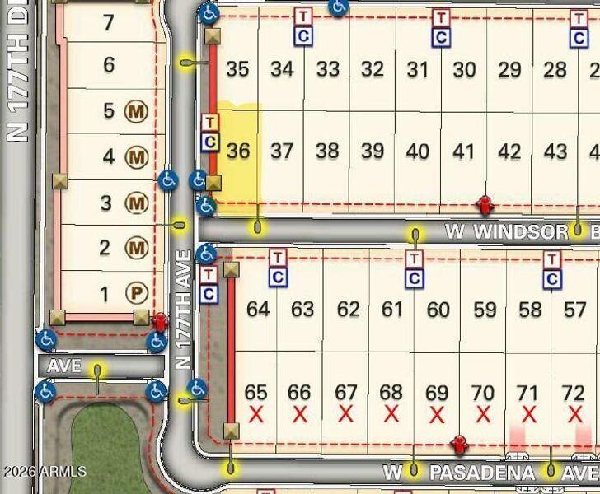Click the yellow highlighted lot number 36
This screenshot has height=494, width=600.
tap(237, 151)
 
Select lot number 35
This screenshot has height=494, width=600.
tap(237, 69)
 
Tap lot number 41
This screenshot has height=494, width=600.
tap(464, 151)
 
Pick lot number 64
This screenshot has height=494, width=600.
tap(258, 310)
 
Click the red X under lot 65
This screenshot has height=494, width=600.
tap(256, 413)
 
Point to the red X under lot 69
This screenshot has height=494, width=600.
tap(437, 413)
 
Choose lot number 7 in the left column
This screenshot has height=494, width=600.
tap(108, 22)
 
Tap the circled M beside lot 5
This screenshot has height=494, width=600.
tap(136, 110)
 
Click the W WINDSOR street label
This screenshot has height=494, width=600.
tap(507, 231)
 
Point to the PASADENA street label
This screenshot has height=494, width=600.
tap(482, 473)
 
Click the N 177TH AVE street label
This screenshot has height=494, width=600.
tap(184, 309)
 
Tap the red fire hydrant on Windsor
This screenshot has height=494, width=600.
tap(485, 204)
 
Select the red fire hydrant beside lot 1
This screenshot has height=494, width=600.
tap(160, 320)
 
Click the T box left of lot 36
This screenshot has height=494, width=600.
tap(209, 123)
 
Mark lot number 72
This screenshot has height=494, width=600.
tap(573, 392)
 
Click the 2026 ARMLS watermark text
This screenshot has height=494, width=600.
tap(44, 472)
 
